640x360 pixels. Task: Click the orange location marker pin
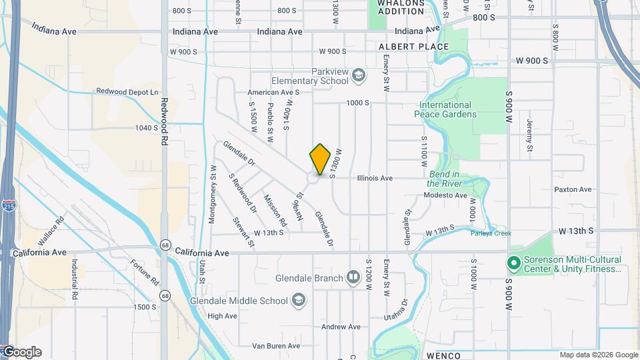(x=320, y=159)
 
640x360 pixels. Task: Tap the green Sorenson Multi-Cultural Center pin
(x=514, y=264)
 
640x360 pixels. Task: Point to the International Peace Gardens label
(x=445, y=109)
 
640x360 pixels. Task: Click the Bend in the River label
(x=448, y=179)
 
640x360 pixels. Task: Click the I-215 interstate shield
(x=8, y=205)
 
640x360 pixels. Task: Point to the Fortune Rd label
(x=144, y=271)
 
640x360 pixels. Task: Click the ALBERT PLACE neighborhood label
(x=413, y=47)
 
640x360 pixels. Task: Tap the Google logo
(x=21, y=352)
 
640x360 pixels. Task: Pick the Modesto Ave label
(x=445, y=195)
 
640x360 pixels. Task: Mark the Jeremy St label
(x=529, y=135)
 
